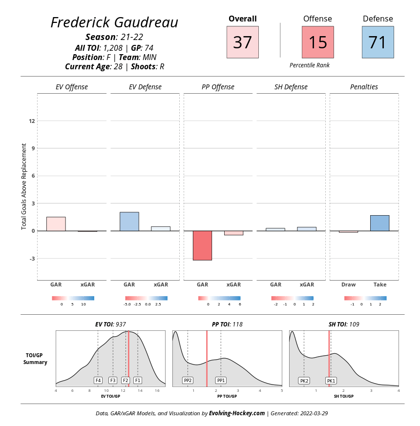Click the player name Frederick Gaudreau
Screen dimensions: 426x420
tap(114, 22)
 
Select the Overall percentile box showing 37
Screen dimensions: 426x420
tap(243, 42)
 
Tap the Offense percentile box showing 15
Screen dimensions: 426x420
tap(318, 42)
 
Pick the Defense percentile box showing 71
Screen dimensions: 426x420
tap(378, 42)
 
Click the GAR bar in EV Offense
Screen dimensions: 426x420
tap(56, 224)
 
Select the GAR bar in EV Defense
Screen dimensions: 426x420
tap(129, 222)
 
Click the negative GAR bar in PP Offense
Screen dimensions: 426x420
tap(202, 245)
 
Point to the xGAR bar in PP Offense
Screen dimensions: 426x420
tap(233, 233)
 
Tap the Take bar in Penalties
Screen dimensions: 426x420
tap(379, 223)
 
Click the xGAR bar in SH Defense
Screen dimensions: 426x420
tap(307, 229)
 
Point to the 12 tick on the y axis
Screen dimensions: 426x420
tap(32, 121)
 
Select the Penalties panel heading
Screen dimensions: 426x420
tap(364, 87)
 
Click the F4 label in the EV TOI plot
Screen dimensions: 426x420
tap(98, 380)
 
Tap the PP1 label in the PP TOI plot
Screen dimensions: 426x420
tap(221, 380)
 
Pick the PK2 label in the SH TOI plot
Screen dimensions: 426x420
tap(304, 380)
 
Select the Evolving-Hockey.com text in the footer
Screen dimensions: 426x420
tap(237, 413)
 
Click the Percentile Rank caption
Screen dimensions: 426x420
tap(310, 65)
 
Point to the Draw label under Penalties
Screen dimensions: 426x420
tap(349, 284)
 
